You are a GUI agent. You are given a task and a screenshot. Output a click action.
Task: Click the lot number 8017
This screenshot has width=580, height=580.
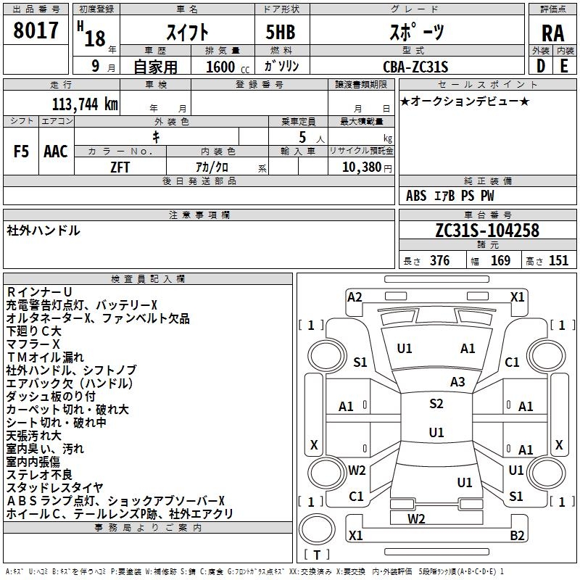pos(36,31)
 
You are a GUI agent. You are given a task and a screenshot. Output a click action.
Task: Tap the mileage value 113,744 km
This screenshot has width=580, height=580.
pos(85,104)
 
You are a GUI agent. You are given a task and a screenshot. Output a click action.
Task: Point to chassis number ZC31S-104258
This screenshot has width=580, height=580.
pos(487,231)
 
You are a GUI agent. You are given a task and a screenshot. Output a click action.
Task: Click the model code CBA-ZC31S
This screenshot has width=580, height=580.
pos(415,67)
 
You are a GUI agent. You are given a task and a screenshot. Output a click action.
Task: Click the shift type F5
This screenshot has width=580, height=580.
pos(22,152)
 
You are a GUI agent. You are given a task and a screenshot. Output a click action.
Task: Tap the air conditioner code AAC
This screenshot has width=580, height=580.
pos(56,152)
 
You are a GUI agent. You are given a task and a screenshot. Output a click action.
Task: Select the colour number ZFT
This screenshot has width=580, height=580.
pos(120,167)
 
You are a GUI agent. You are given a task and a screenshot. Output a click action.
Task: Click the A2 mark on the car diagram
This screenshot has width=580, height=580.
pos(355,297)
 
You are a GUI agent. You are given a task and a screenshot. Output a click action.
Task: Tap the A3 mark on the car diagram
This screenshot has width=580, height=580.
pos(457,381)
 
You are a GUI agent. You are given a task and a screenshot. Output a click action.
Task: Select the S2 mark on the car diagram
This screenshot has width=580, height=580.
pos(436,404)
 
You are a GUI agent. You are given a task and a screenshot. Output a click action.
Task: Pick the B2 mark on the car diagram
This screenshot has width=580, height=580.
pos(517,535)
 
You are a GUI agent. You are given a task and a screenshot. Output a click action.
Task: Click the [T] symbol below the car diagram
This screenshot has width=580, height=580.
pos(316,555)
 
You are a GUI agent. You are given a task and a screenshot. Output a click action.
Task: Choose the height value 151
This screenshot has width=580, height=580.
pos(558,261)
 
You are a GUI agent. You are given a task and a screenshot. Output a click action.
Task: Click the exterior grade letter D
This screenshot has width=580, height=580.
pos(540,67)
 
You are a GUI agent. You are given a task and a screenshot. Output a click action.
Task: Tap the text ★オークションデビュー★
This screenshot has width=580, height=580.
pos(465,101)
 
